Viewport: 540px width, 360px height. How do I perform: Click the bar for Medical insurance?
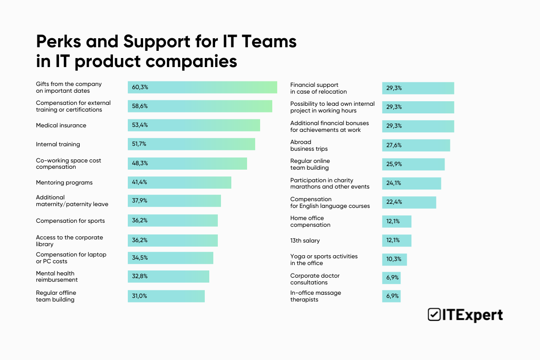(193, 125)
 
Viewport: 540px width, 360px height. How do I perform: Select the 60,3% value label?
(139, 87)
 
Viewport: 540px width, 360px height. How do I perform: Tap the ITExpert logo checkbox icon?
(434, 315)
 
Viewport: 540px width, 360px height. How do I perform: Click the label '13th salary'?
(305, 241)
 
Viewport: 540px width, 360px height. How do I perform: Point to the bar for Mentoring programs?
(179, 183)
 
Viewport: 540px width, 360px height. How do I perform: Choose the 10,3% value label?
(394, 260)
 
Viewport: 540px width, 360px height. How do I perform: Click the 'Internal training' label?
(58, 144)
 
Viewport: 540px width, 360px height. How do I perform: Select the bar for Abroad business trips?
(416, 145)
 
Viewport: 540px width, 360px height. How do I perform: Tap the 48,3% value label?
(139, 163)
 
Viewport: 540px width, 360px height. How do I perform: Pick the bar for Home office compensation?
(396, 221)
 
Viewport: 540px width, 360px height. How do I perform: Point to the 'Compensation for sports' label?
(70, 221)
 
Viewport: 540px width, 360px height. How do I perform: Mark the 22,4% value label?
(394, 202)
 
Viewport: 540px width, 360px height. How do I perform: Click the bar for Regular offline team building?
(166, 296)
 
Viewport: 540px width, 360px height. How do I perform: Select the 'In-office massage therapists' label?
(315, 296)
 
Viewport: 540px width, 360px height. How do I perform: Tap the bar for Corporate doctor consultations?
(391, 278)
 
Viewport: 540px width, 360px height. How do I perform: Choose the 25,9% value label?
(394, 164)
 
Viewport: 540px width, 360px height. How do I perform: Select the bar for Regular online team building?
(413, 164)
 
